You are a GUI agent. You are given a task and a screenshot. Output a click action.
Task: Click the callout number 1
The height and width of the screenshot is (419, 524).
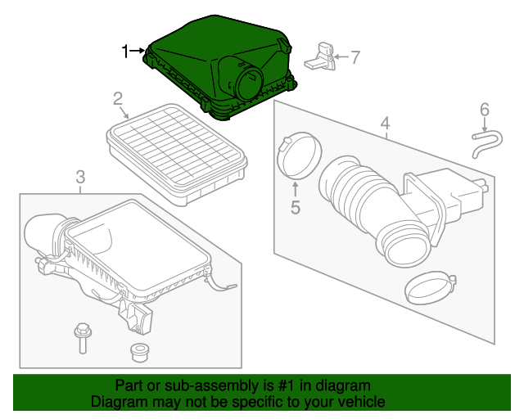coord(125,52)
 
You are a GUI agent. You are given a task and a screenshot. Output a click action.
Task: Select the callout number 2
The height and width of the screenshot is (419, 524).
coord(118,100)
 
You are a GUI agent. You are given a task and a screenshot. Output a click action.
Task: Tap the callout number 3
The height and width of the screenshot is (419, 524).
coord(80,176)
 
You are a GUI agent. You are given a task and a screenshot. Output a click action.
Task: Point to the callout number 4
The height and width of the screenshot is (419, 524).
coord(384,124)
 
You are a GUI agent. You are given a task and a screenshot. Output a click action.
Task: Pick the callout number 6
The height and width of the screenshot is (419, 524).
coord(484,109)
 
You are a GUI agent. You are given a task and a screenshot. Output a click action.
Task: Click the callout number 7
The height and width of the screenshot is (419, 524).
coord(355,57)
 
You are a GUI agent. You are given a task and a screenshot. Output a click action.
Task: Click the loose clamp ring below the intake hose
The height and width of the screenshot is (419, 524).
coord(428,286)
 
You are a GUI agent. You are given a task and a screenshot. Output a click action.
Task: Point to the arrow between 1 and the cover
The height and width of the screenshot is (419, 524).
coord(138,52)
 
